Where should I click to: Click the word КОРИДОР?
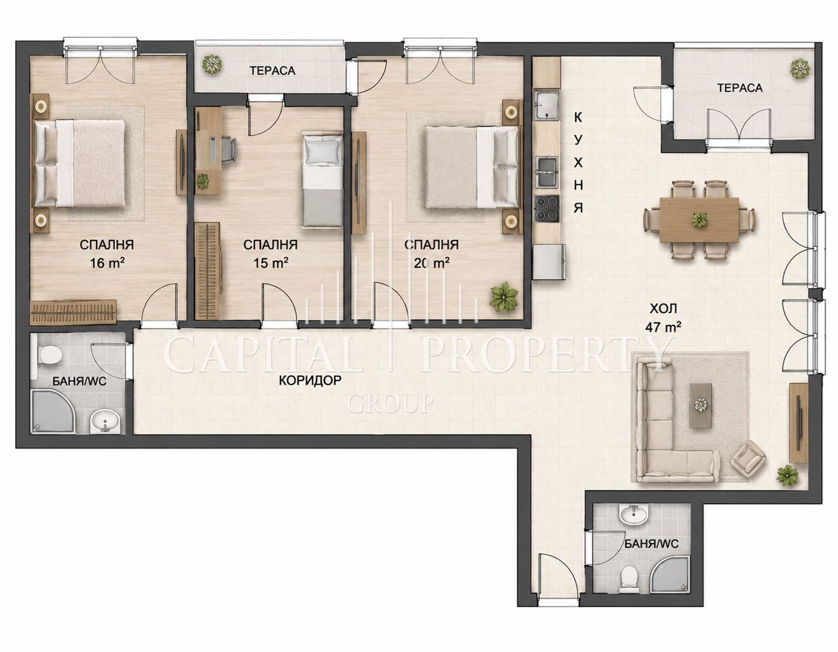point(310,381)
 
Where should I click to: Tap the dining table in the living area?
point(699,220)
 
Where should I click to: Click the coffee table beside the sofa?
point(700,405)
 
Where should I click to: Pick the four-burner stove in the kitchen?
point(547,209)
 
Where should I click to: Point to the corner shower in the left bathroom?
point(52,411)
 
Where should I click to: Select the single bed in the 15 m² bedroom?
point(322,180)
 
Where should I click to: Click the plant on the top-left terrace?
point(213,65)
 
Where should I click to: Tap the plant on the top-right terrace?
point(801,69)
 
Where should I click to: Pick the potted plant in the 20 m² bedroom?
point(503,295)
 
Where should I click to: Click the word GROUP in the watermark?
point(390,404)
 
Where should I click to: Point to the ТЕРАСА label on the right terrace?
point(739,88)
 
